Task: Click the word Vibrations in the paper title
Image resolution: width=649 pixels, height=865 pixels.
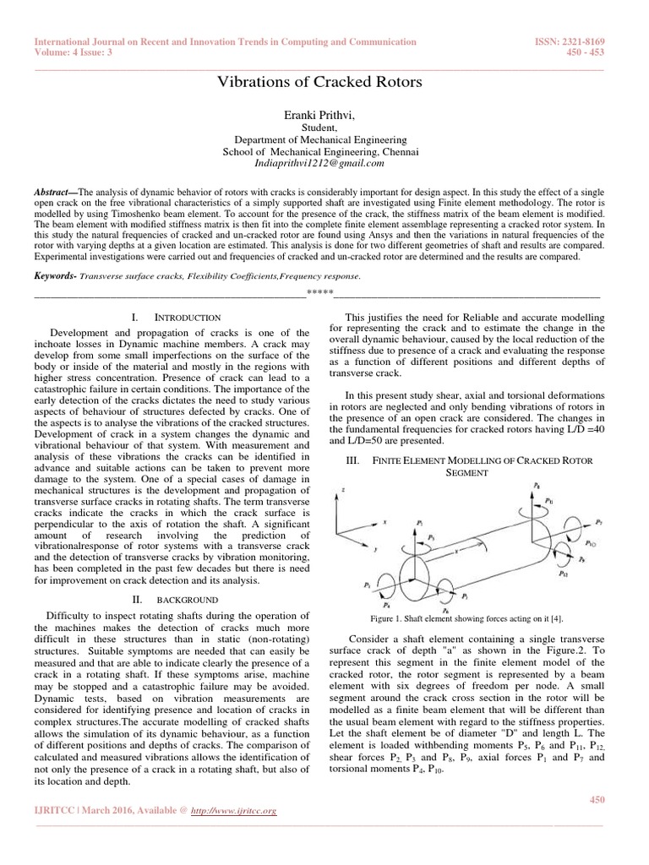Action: click(x=253, y=83)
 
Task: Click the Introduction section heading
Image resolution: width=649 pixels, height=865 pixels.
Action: click(x=188, y=317)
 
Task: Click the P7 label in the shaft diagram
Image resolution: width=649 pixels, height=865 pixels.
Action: click(x=598, y=523)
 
